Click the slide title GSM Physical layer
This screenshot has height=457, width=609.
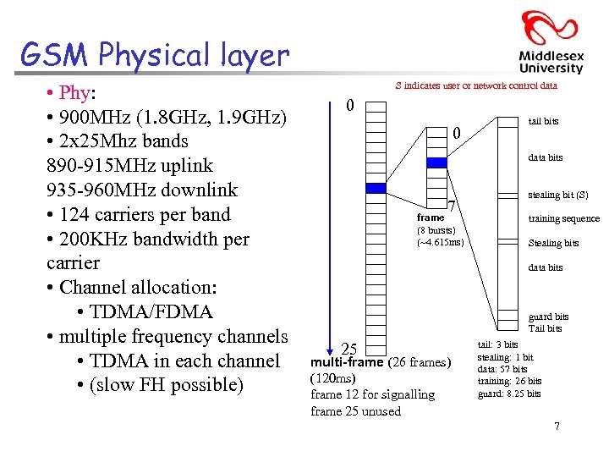155,55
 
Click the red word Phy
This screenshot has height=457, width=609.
76,91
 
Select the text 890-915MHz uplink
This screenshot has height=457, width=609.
129,165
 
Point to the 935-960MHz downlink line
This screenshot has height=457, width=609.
142,190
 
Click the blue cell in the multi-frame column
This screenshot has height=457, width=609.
375,188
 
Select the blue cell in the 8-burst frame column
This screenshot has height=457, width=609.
436,162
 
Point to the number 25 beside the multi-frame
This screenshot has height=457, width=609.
348,349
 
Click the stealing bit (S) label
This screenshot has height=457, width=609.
557,195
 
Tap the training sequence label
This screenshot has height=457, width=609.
563,219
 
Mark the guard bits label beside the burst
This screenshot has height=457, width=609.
548,317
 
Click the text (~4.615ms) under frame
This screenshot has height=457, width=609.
440,242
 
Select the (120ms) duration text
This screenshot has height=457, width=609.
333,378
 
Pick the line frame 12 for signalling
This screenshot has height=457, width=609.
372,394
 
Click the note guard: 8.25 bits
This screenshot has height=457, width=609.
509,394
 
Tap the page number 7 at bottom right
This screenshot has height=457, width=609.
557,426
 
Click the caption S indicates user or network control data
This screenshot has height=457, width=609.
476,85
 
